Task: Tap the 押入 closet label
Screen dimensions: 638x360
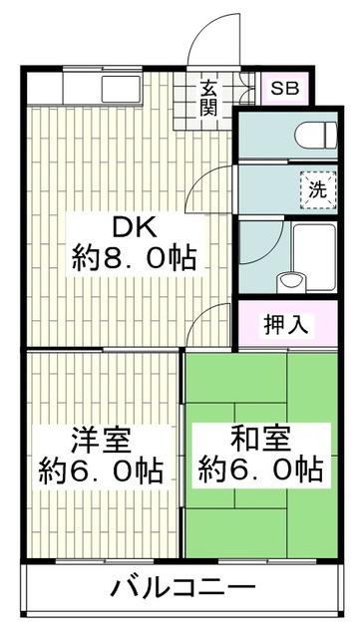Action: (x=285, y=323)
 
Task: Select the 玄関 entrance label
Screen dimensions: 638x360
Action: (x=208, y=98)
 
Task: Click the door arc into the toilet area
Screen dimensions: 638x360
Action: (x=211, y=184)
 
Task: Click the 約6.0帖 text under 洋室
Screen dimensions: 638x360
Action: (x=101, y=468)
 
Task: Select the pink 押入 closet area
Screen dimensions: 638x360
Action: (x=285, y=323)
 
